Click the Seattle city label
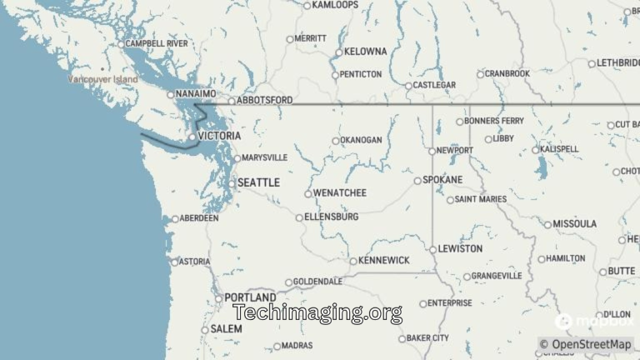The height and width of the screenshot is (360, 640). coord(258,182)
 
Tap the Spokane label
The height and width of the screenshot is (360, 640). coord(442,180)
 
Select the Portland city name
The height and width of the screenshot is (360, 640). coord(250,297)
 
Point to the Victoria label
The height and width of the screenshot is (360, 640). coord(219,136)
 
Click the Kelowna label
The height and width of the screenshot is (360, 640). coord(365,52)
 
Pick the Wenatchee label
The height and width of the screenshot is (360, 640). coord(339,193)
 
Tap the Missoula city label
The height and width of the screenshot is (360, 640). coord(576,224)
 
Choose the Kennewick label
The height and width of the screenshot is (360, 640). coord(384,261)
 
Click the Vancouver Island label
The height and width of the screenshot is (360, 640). coord(102,79)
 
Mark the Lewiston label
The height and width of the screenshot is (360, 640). coord(461,249)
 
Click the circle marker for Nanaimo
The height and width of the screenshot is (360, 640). coord(171,94)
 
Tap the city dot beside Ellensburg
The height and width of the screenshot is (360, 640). coord(300,217)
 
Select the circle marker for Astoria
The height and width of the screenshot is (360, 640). coord(175,262)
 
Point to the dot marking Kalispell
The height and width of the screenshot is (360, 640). coord(536,150)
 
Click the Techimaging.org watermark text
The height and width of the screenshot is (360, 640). coord(317,313)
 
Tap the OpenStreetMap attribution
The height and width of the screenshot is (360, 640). coord(585,344)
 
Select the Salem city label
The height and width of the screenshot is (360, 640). coord(226,329)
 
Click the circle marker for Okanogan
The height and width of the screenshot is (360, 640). coord(336,141)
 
